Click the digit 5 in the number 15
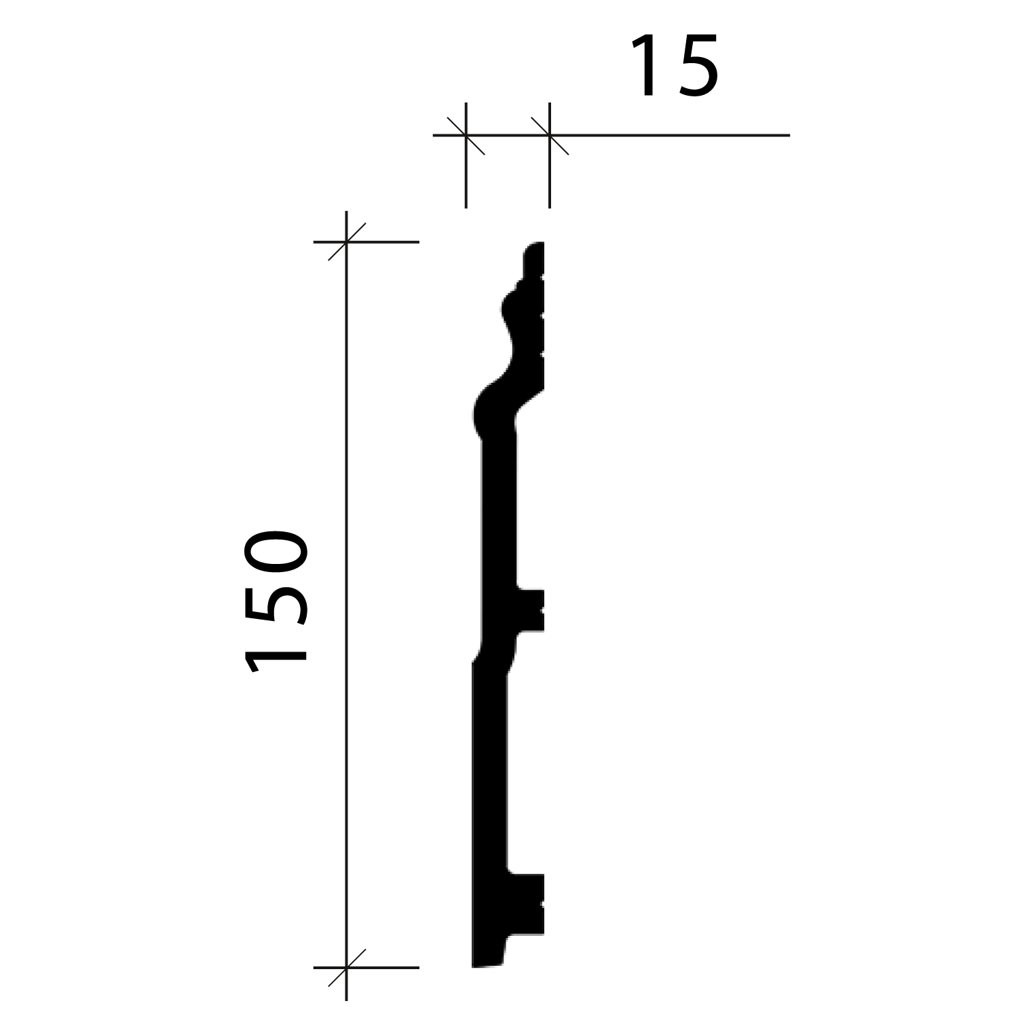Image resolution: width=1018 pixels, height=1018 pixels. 696,67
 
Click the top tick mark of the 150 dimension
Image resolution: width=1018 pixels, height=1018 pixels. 347,242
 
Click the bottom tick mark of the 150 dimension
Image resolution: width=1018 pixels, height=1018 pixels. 347,967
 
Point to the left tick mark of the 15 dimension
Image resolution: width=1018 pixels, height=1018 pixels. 466,136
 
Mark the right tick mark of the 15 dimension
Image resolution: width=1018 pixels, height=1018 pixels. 550,136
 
